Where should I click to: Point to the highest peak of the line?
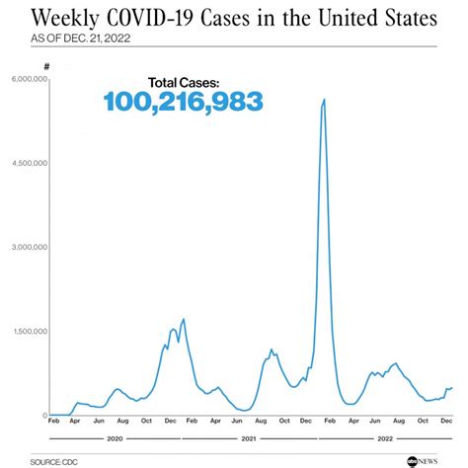click(324, 100)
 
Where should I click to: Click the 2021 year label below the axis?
click(249, 435)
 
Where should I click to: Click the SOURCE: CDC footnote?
click(54, 461)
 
